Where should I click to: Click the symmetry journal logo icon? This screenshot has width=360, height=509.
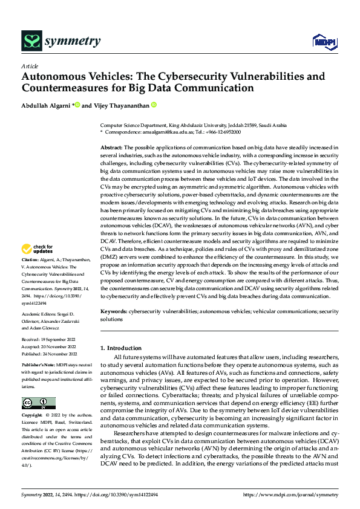coord(31,41)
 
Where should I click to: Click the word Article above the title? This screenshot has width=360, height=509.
coord(30,66)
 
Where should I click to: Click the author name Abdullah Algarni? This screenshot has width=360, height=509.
coord(47,105)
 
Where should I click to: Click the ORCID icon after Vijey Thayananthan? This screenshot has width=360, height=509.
coord(154,105)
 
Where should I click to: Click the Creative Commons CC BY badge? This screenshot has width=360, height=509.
coord(38,403)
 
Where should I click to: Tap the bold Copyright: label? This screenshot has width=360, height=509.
coord(33,416)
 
